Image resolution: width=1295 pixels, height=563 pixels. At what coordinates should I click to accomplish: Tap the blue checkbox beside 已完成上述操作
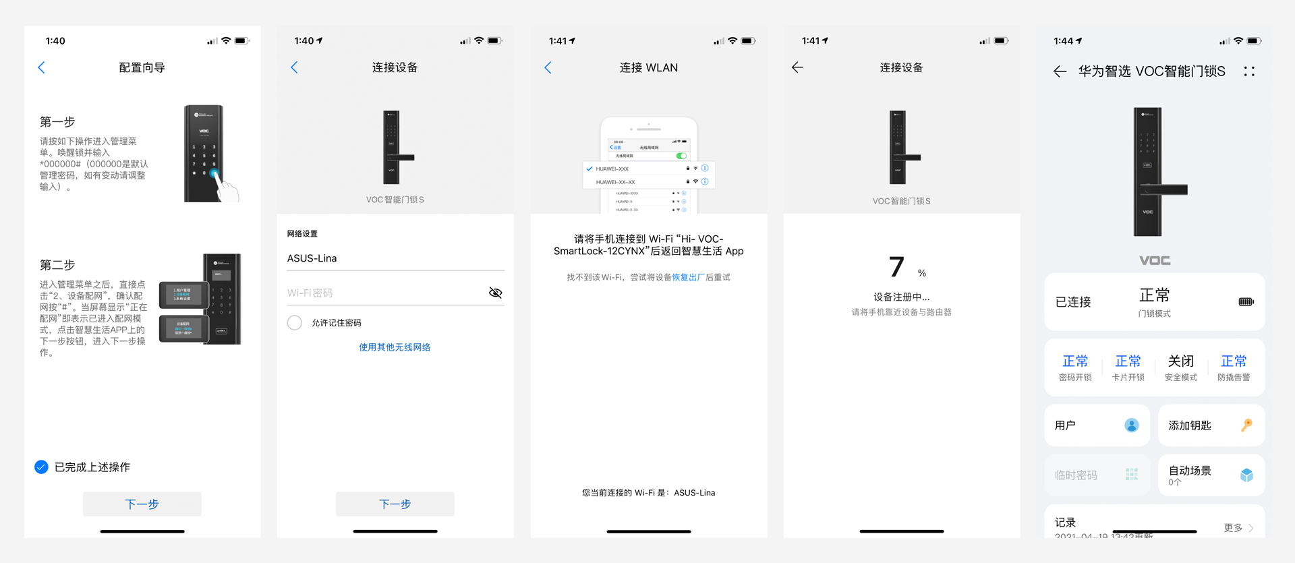point(41,467)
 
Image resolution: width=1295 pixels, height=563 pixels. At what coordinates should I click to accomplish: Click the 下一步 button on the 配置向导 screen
point(142,504)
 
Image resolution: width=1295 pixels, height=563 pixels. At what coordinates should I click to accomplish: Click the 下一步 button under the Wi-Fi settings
point(395,504)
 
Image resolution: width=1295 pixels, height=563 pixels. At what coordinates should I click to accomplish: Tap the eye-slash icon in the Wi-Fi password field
point(495,293)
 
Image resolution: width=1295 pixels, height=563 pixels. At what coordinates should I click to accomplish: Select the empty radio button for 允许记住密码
point(295,323)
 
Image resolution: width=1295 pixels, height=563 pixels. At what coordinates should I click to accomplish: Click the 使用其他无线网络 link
point(395,347)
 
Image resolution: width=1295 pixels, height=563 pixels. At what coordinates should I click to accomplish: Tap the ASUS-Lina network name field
point(395,258)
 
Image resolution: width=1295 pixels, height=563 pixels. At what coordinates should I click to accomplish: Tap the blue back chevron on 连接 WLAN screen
point(548,67)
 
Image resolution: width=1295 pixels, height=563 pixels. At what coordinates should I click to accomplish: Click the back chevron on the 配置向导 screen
point(41,67)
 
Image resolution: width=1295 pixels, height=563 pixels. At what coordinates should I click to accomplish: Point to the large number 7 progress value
point(896,267)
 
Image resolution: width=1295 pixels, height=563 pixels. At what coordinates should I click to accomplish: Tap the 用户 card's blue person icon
point(1131,425)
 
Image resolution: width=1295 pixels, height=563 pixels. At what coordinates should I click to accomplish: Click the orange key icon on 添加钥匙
point(1246,425)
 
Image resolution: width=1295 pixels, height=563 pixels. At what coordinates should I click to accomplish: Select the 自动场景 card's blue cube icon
point(1246,475)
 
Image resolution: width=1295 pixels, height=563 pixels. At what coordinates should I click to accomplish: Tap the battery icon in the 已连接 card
point(1246,301)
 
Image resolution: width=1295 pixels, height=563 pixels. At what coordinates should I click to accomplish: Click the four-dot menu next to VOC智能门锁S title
point(1249,71)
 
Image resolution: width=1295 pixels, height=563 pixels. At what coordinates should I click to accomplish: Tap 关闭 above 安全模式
point(1180,361)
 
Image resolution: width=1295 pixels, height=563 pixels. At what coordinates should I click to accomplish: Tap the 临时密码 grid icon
point(1131,475)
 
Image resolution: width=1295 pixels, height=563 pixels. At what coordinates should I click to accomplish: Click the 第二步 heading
point(57,265)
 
